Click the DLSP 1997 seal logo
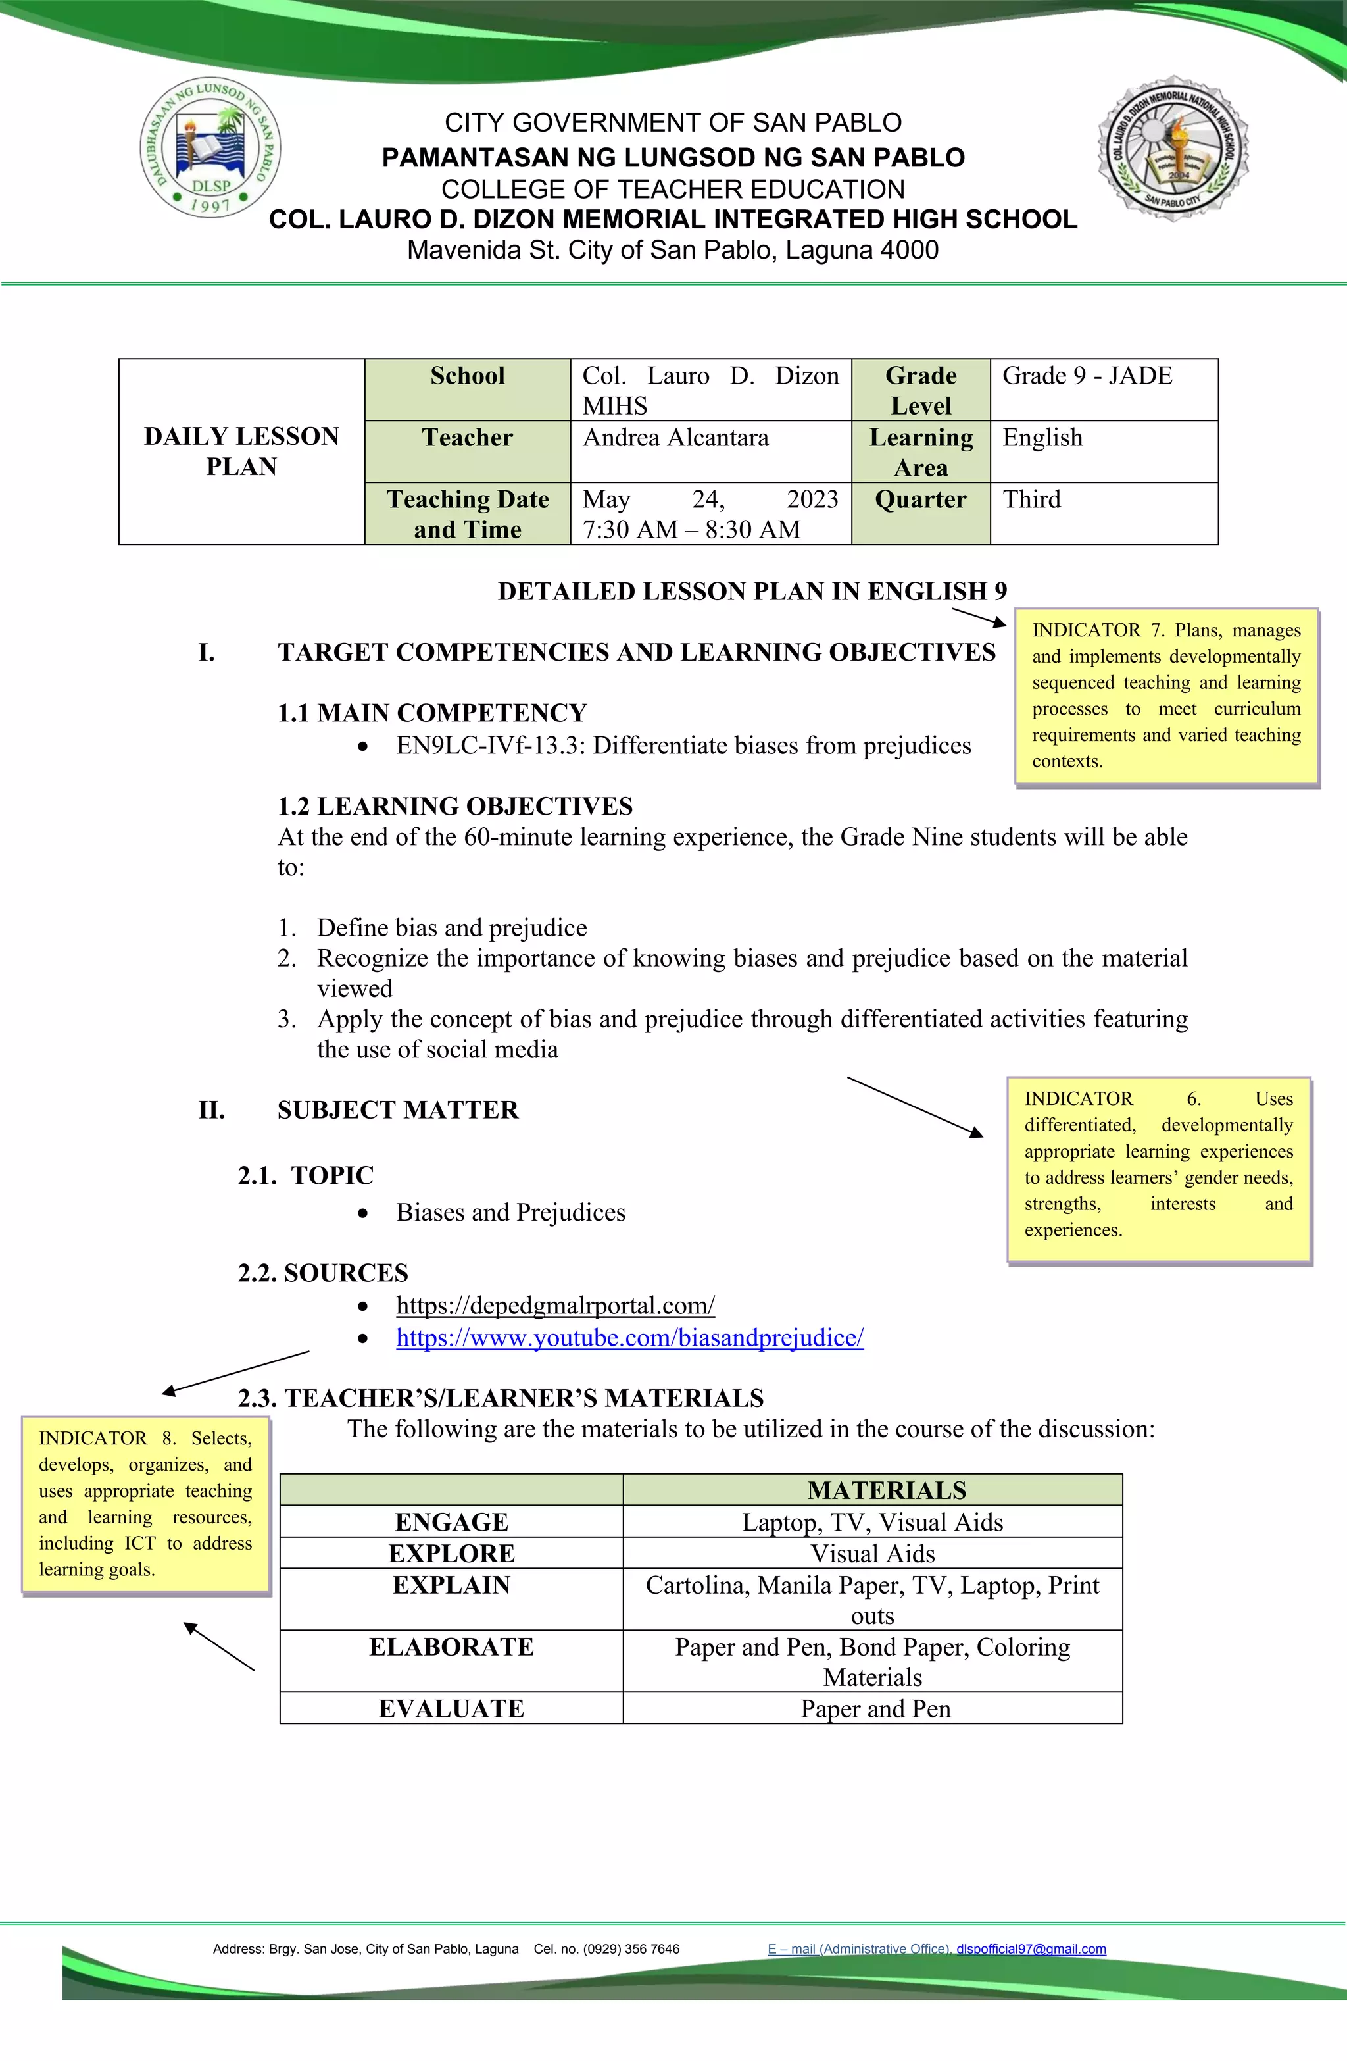[210, 149]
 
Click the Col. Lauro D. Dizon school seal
[1173, 149]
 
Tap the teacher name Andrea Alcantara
[675, 438]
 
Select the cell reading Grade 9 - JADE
[1087, 376]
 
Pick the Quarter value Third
[1031, 499]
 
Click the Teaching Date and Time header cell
[468, 513]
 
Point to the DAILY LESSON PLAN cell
[241, 451]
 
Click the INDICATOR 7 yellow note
[1166, 696]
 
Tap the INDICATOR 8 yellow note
[145, 1504]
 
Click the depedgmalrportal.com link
[555, 1305]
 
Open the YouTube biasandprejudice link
[629, 1338]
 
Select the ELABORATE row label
[451, 1647]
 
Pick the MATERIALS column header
[887, 1490]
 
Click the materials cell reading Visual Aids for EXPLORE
[873, 1554]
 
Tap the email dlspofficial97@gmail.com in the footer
[1031, 1949]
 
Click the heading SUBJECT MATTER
[397, 1110]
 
